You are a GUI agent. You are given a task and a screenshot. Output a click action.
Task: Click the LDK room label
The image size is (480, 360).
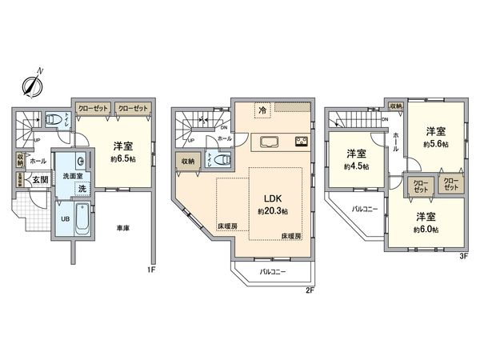coord(266,198)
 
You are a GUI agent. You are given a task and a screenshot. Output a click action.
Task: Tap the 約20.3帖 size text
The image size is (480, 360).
coord(272,211)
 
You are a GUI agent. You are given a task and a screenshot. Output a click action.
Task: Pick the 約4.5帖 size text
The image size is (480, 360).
coord(356,166)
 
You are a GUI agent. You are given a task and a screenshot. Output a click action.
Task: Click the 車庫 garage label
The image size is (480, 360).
coord(122,228)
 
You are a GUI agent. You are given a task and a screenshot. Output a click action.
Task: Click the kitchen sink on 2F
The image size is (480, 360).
coord(266,142)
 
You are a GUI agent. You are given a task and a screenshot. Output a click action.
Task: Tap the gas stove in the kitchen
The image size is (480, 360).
coord(302,142)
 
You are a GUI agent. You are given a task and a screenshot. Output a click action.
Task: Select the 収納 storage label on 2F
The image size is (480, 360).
coord(188,162)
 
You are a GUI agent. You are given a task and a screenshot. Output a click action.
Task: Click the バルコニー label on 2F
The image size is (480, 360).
coord(273,272)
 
